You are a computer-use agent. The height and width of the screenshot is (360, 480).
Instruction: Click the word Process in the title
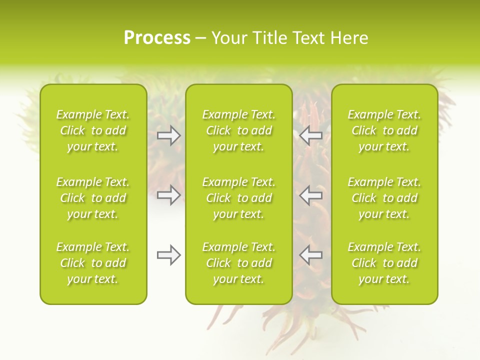[157, 38]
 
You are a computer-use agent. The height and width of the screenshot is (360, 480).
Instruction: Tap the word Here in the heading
[349, 38]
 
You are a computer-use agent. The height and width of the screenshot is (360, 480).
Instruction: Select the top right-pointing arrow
[169, 135]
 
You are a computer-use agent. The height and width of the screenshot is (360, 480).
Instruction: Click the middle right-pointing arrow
[169, 195]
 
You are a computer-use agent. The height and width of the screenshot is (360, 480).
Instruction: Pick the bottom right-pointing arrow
[169, 255]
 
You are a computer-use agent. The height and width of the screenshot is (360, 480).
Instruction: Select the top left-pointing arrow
[310, 135]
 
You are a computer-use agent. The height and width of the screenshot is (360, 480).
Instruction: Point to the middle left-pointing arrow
[310, 195]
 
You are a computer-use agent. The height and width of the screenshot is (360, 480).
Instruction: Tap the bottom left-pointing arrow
[310, 255]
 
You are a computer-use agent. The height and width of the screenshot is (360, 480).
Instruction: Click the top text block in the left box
[93, 130]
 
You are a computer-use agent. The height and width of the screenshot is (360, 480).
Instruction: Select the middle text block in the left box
[93, 198]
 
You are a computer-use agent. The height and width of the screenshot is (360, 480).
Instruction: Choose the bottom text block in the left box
[93, 263]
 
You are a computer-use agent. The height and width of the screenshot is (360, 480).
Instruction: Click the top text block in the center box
[239, 130]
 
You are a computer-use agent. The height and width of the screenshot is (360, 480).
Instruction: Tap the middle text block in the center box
[239, 198]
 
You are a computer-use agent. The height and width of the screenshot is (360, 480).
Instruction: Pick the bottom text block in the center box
[239, 263]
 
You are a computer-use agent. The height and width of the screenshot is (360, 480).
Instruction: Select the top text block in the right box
[384, 130]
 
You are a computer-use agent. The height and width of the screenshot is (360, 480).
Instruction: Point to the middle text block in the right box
[384, 198]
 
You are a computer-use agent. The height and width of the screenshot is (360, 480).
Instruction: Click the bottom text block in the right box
[384, 263]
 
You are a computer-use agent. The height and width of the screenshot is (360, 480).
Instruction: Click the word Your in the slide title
[230, 38]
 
